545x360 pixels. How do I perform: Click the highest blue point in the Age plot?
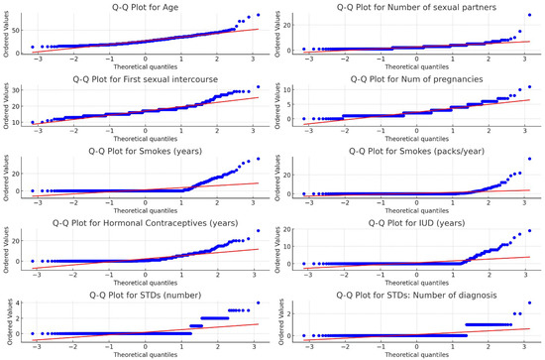pos(260,15)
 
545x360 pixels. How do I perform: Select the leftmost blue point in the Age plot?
pos(34,47)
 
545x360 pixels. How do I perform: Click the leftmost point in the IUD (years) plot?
pos(307,264)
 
